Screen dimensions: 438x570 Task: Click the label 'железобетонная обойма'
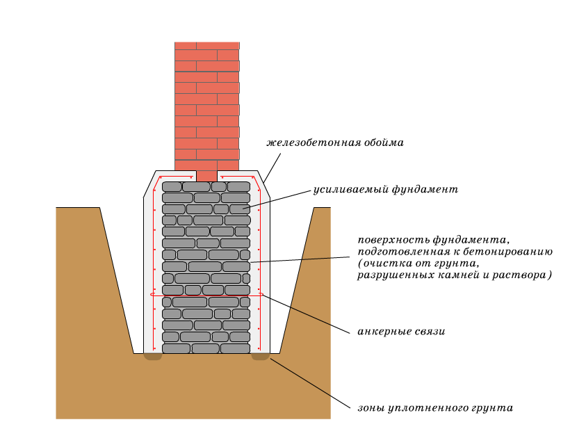pyautogui.click(x=335, y=143)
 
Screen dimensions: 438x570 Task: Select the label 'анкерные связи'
pyautogui.click(x=401, y=332)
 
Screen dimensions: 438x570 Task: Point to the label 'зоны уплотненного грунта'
pyautogui.click(x=435, y=407)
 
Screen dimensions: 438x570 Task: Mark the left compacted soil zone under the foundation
pyautogui.click(x=153, y=357)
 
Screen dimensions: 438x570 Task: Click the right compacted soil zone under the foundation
pyautogui.click(x=261, y=357)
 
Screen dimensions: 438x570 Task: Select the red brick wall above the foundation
pyautogui.click(x=206, y=104)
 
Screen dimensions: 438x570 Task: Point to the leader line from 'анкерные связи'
pyautogui.click(x=306, y=314)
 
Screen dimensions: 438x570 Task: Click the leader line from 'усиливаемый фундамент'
pyautogui.click(x=278, y=198)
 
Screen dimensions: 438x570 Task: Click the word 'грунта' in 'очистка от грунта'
pyautogui.click(x=455, y=263)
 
